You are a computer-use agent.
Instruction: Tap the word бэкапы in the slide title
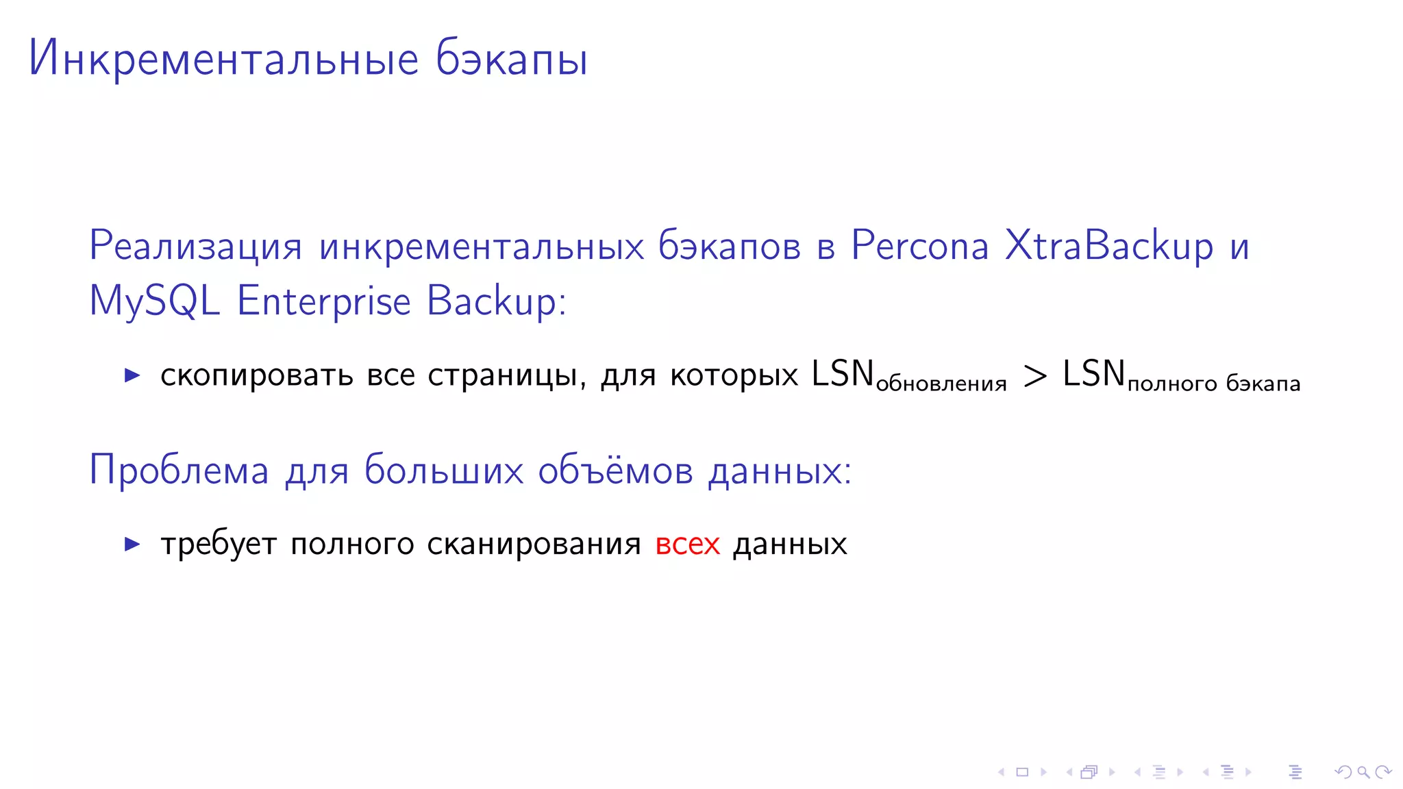pyautogui.click(x=511, y=59)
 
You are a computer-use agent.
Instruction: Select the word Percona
pyautogui.click(x=919, y=246)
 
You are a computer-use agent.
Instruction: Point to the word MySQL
pyautogui.click(x=155, y=301)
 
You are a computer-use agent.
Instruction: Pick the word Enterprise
pyautogui.click(x=323, y=301)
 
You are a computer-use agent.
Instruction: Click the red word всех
pyautogui.click(x=687, y=544)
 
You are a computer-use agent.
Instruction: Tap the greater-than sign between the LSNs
pyautogui.click(x=1034, y=375)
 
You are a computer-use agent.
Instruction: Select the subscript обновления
pyautogui.click(x=941, y=384)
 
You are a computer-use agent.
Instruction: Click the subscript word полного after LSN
pyautogui.click(x=1172, y=384)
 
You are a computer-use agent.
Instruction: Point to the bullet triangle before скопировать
pyautogui.click(x=132, y=375)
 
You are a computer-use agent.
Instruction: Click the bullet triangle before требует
pyautogui.click(x=132, y=544)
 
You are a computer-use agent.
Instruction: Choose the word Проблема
pyautogui.click(x=179, y=471)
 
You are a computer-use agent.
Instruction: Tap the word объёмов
pyautogui.click(x=615, y=471)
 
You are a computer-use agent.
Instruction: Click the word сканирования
pyautogui.click(x=534, y=544)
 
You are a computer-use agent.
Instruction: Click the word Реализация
pyautogui.click(x=195, y=246)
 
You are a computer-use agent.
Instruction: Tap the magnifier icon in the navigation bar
pyautogui.click(x=1363, y=773)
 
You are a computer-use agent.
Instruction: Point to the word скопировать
pyautogui.click(x=256, y=375)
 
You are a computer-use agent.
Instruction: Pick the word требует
pyautogui.click(x=219, y=544)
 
